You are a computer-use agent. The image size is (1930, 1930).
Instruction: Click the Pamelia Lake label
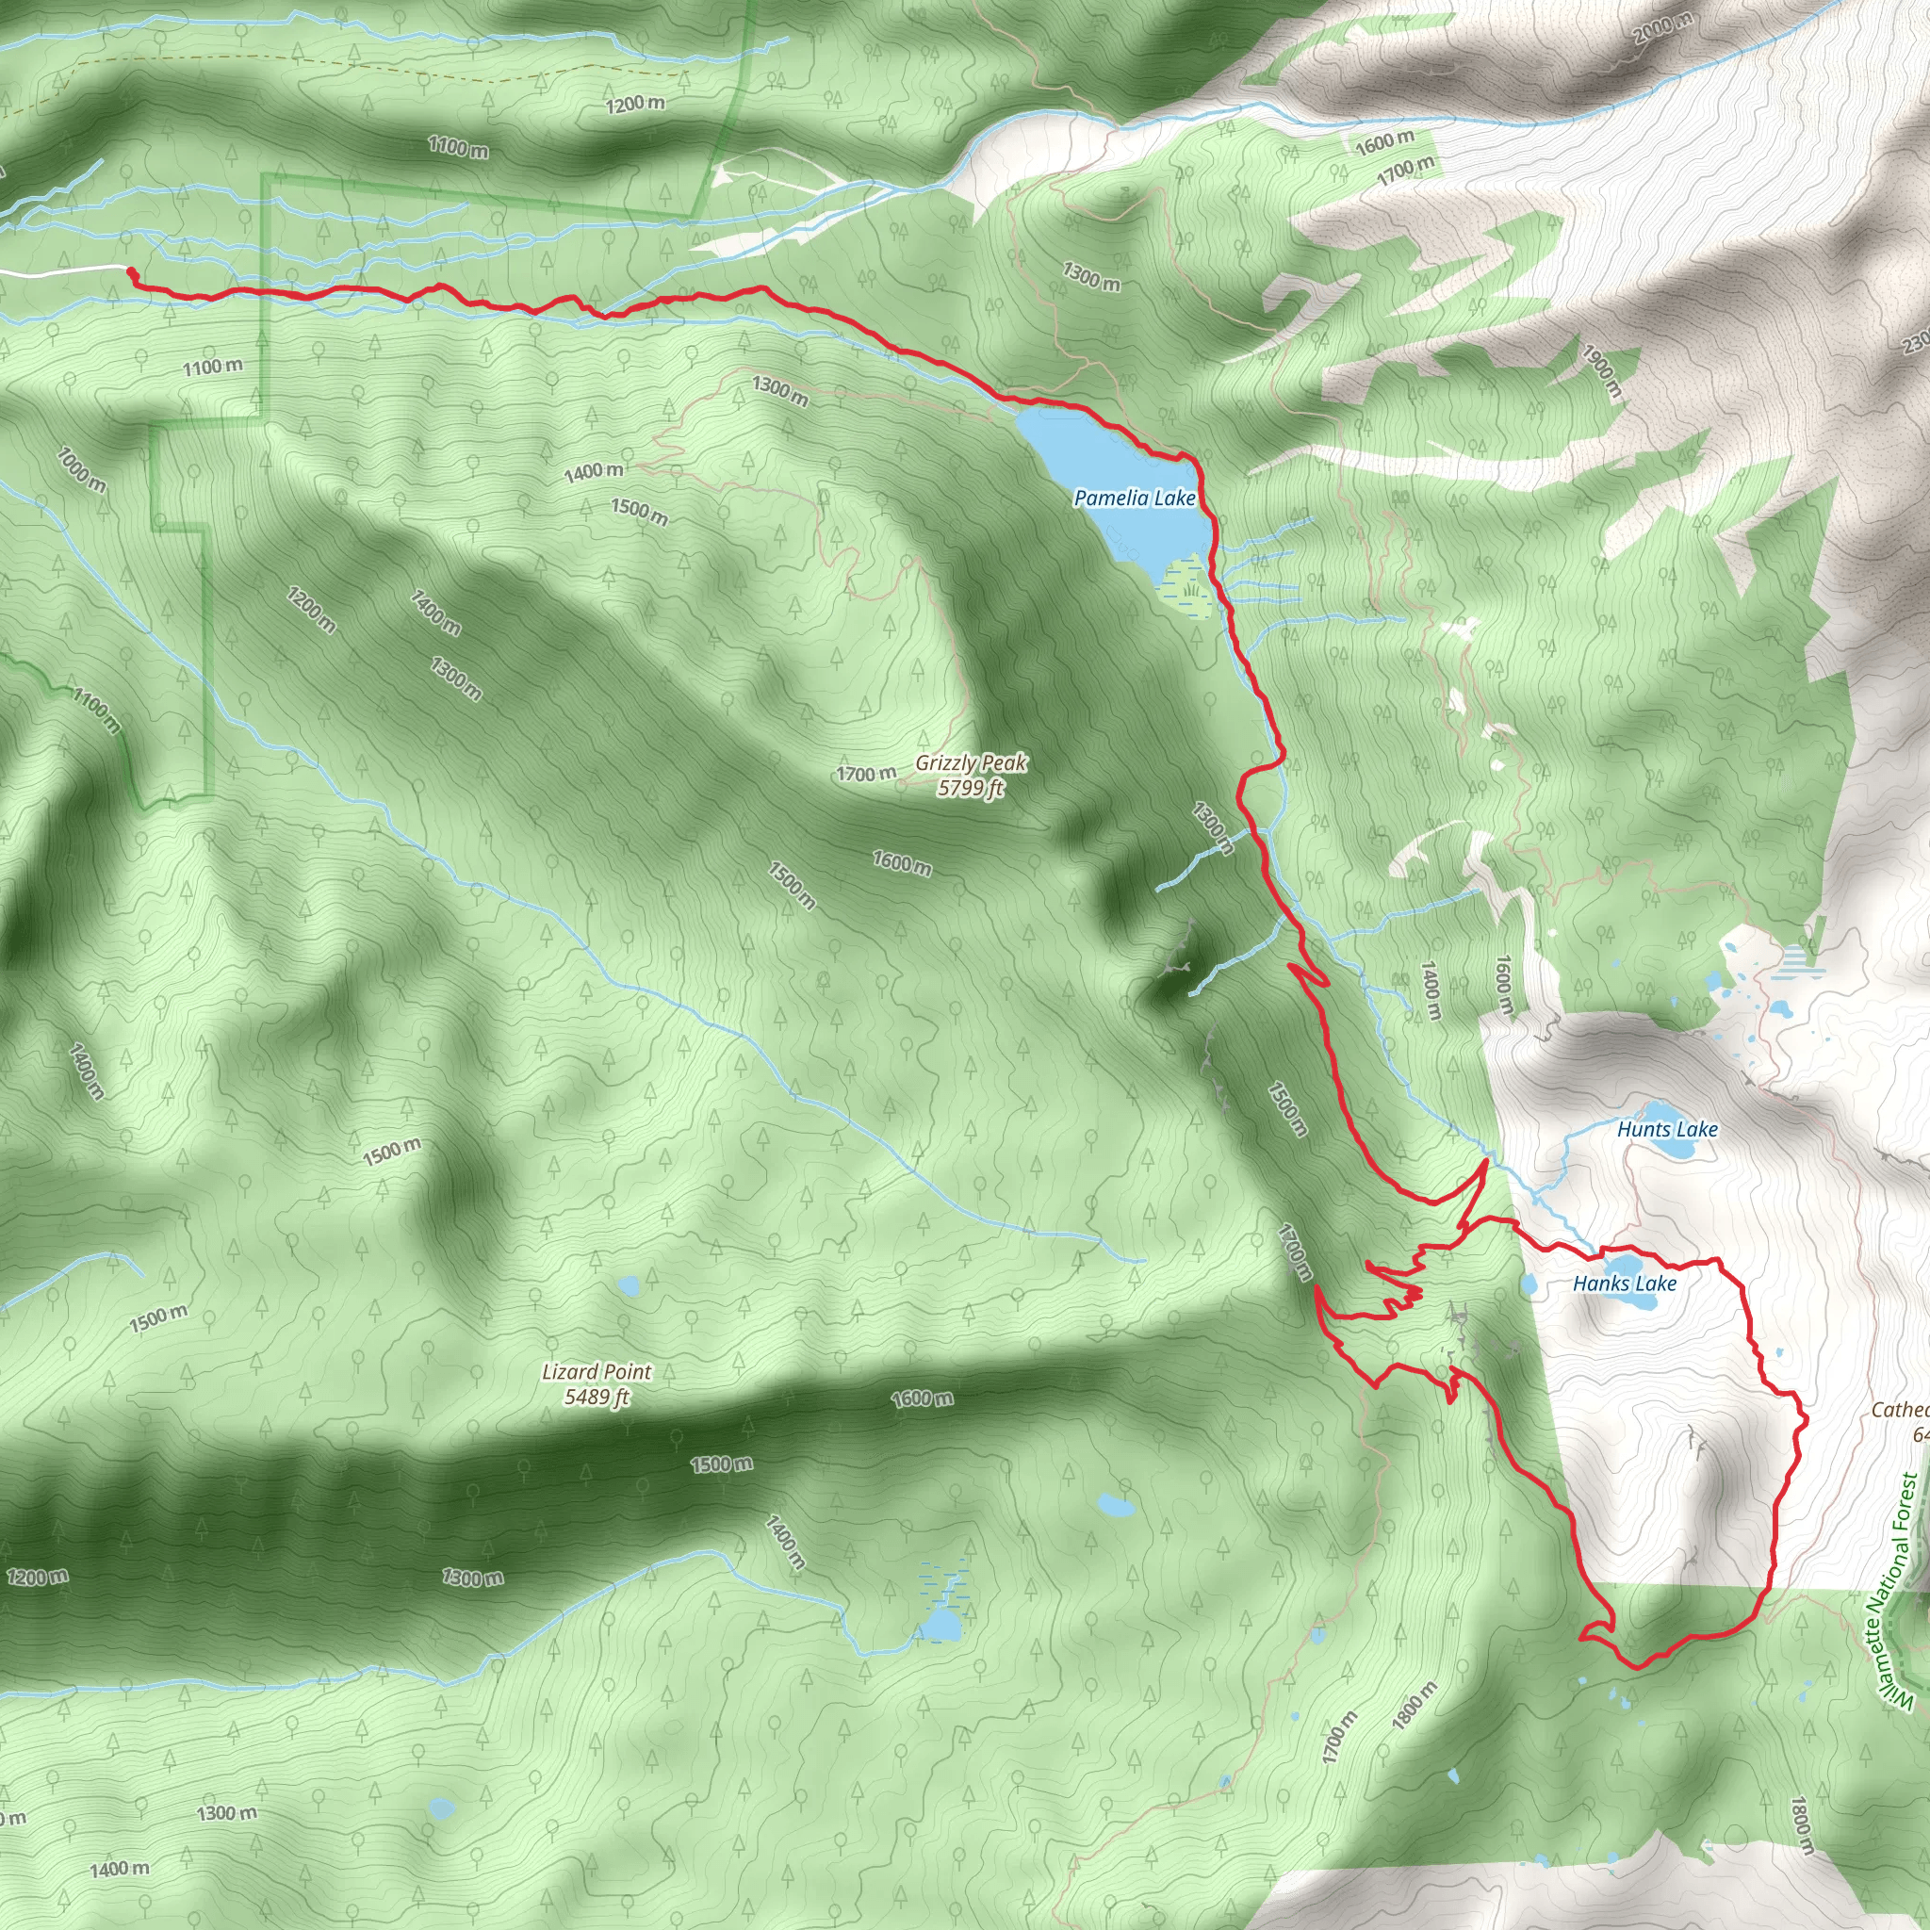pos(1134,498)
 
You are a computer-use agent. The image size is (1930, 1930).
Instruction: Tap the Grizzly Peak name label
pos(971,763)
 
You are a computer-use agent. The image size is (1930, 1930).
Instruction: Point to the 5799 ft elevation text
pos(970,788)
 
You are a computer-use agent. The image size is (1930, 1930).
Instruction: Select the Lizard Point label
pos(597,1371)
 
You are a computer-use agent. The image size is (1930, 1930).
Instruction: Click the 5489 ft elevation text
pos(597,1397)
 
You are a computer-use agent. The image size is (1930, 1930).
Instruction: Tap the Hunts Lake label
pos(1667,1130)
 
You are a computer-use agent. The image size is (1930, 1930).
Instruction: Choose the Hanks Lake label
pos(1625,1284)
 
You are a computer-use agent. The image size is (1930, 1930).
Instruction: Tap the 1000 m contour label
pos(81,470)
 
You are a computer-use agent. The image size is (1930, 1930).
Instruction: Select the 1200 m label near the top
pos(634,104)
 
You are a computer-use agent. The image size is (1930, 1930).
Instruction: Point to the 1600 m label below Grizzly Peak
pos(902,862)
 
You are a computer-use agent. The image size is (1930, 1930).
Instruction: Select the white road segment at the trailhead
pos(60,270)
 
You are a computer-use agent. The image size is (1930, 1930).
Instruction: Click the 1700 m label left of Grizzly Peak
pos(866,775)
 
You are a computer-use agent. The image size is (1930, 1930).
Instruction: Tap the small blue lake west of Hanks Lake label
pos(1528,1284)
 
